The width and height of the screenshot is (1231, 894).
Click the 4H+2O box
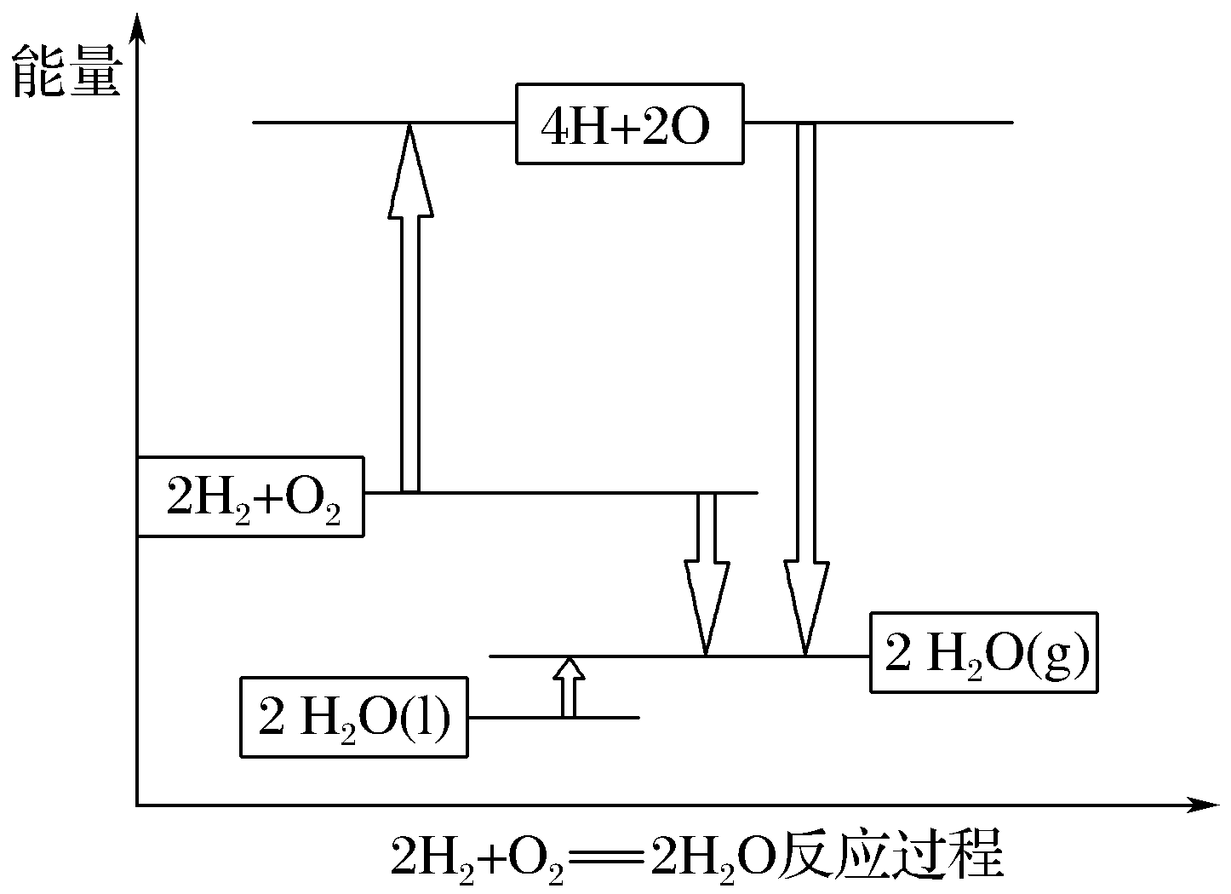point(629,123)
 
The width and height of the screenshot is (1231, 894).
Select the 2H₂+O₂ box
point(250,497)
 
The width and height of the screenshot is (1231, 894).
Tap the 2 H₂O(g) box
point(983,651)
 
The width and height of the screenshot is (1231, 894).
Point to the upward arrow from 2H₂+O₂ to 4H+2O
point(410,341)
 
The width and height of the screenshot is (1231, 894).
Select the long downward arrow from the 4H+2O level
point(805,383)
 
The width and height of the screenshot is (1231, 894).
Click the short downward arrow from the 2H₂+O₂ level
point(707,570)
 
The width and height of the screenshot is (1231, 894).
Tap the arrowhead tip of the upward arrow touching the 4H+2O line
point(410,128)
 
